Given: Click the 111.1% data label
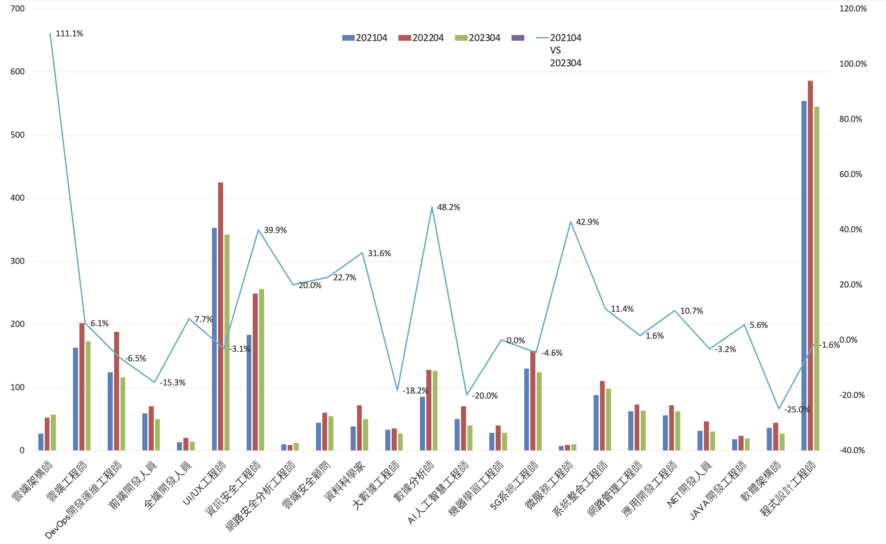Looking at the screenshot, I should point(69,34).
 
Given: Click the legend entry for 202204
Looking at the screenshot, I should point(421,38).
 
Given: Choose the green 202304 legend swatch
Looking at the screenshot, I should point(461,38).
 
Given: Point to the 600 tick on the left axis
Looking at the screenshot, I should point(17,72).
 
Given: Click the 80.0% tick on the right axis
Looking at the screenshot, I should point(850,119).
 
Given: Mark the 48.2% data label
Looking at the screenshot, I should point(449,207).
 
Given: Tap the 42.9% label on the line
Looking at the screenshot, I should point(587,222).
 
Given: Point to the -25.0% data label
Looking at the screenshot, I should point(797,409).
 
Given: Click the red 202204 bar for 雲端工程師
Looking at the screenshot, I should point(82,387).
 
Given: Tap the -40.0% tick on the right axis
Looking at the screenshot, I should point(852,450).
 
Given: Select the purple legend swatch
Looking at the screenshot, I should point(518,38).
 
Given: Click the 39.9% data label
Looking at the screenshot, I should point(275,230).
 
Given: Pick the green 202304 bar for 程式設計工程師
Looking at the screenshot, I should point(817,278).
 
